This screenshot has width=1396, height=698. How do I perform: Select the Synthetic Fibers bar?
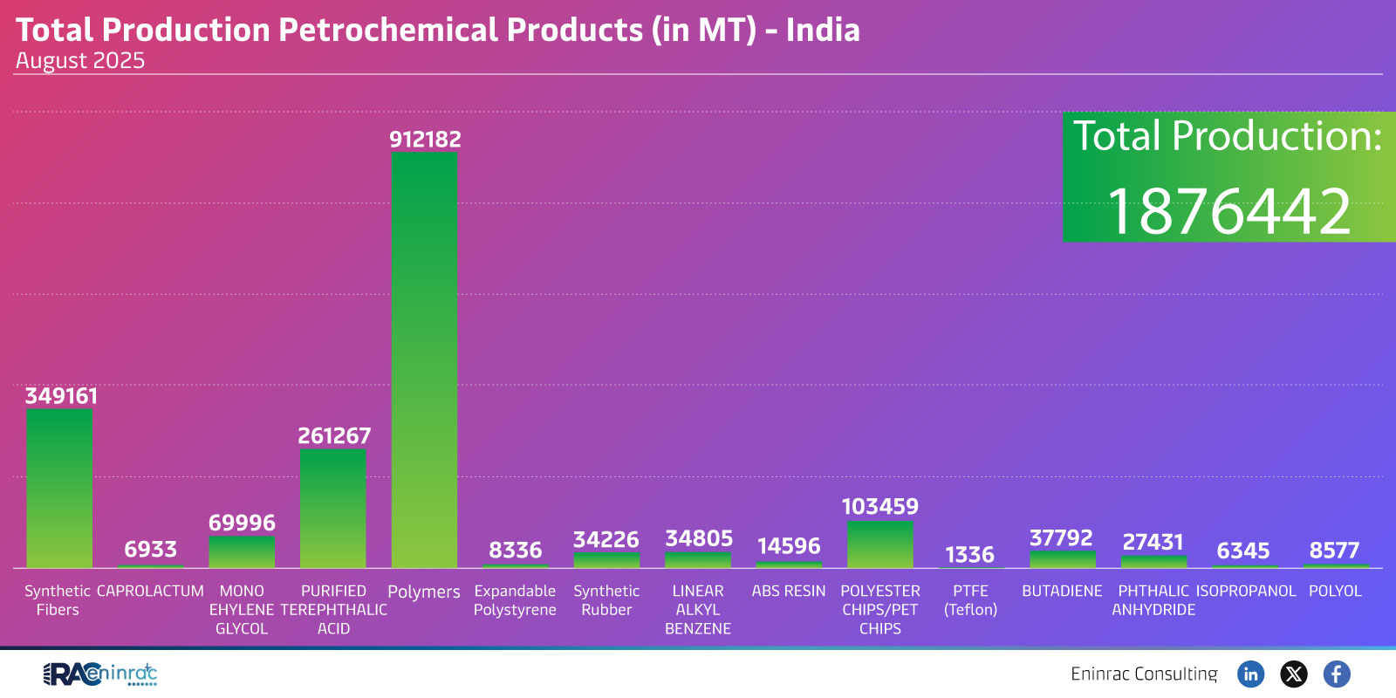(59, 489)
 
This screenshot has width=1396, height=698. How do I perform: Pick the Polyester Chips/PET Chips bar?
(879, 545)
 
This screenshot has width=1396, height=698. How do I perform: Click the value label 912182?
(425, 140)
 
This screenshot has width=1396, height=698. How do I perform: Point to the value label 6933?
(150, 550)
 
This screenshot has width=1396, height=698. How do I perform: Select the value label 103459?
(879, 507)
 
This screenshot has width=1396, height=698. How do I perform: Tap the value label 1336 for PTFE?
(969, 555)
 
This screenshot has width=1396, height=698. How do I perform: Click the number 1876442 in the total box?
(1228, 211)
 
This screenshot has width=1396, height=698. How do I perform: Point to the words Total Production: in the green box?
(1227, 136)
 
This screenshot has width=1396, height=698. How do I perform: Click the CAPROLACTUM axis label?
(150, 592)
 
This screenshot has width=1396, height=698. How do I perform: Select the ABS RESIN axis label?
(788, 592)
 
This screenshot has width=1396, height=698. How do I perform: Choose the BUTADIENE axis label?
(1062, 592)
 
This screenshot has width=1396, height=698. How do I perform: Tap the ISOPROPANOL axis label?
(1245, 592)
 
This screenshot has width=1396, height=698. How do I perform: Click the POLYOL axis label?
(1335, 592)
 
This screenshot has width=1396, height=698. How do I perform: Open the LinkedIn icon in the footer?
(1250, 674)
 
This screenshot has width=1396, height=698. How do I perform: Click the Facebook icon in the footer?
(1336, 674)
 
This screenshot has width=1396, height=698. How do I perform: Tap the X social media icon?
(1293, 674)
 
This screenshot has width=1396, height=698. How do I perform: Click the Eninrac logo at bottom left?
(100, 674)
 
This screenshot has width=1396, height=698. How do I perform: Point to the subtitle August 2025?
(80, 61)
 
